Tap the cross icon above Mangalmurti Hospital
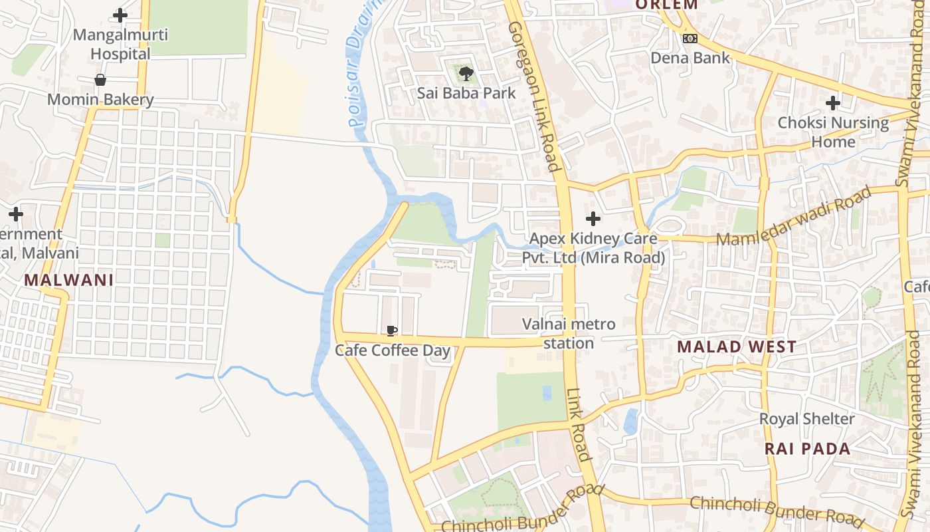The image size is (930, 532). pyautogui.click(x=120, y=15)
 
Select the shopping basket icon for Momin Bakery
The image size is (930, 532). pyautogui.click(x=100, y=80)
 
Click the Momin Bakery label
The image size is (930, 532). pyautogui.click(x=100, y=100)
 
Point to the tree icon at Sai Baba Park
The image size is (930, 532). pyautogui.click(x=466, y=73)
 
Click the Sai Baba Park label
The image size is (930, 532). pyautogui.click(x=466, y=92)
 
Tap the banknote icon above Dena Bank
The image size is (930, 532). pyautogui.click(x=690, y=39)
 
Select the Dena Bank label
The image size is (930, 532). pyautogui.click(x=690, y=58)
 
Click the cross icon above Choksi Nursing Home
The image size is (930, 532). pyautogui.click(x=833, y=103)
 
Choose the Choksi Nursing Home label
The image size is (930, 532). pyautogui.click(x=833, y=132)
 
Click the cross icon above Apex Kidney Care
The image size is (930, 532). pyautogui.click(x=593, y=219)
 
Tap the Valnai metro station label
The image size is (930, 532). pyautogui.click(x=569, y=334)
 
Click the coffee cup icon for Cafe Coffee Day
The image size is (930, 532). pyautogui.click(x=392, y=331)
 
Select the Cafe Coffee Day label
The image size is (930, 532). pyautogui.click(x=393, y=350)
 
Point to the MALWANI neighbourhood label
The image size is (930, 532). pyautogui.click(x=69, y=280)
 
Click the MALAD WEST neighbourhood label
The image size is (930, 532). pyautogui.click(x=737, y=346)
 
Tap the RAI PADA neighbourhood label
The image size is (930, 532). pyautogui.click(x=808, y=448)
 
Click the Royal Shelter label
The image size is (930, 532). pyautogui.click(x=807, y=419)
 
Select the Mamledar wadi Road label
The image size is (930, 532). pyautogui.click(x=794, y=217)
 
